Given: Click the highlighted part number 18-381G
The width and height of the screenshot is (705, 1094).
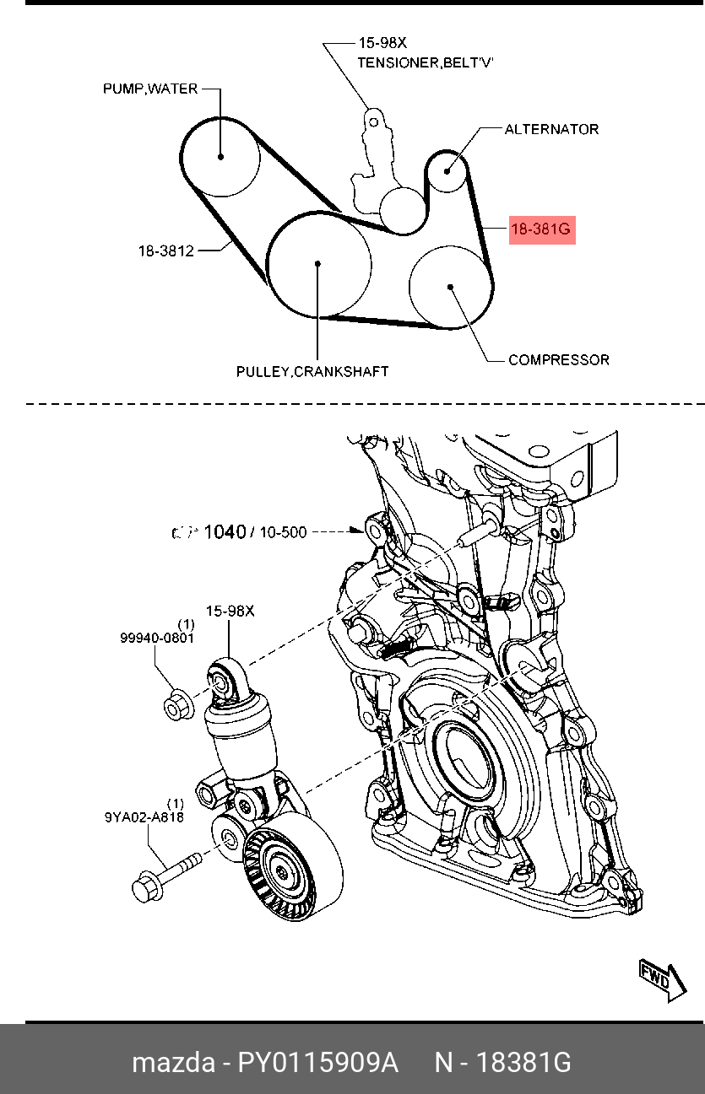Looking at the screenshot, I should [541, 229].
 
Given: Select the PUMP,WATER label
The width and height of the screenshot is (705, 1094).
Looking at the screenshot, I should [150, 89].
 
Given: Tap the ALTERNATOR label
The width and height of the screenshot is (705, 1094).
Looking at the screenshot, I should [551, 129].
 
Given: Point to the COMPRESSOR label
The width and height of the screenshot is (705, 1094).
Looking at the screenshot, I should [558, 360].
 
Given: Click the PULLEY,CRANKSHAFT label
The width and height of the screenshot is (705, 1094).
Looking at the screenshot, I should [312, 371].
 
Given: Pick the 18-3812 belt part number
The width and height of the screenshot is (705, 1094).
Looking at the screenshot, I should [166, 251].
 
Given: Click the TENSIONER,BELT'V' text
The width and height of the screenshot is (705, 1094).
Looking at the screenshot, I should [425, 62].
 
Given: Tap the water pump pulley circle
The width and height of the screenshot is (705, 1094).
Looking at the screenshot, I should [220, 157].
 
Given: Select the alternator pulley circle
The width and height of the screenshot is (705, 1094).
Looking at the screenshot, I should [447, 170].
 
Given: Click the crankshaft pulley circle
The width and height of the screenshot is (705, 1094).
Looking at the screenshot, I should [318, 264].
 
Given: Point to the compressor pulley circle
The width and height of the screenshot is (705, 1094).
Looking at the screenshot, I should [451, 287].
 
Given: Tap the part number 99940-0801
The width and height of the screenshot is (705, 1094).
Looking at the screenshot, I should [157, 639].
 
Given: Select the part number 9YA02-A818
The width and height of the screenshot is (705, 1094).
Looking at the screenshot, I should [144, 816].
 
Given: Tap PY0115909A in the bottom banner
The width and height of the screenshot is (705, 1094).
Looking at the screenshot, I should [317, 1063].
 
